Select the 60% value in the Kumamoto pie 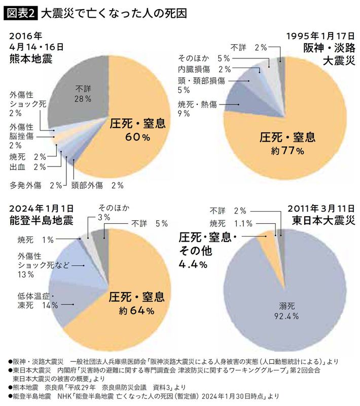pyautogui.click(x=134, y=138)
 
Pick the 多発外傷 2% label pyautogui.click(x=35, y=185)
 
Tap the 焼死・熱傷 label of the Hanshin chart pyautogui.click(x=197, y=105)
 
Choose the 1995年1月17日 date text pyautogui.click(x=322, y=37)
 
